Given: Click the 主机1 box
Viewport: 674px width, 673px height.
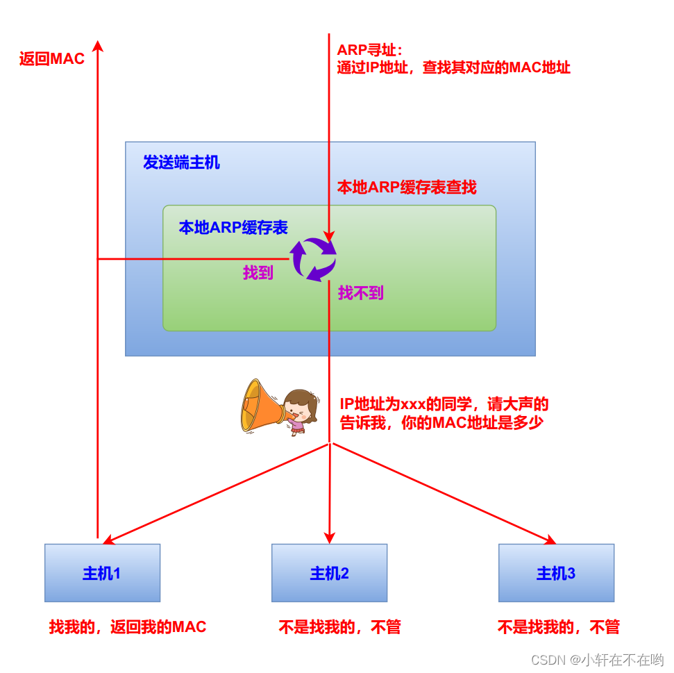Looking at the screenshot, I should pos(102,573).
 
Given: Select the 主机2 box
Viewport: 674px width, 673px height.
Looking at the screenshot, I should pos(329,573).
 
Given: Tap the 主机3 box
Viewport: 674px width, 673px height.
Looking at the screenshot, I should pos(556,573).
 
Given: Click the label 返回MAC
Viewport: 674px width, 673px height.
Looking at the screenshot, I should pos(52,59).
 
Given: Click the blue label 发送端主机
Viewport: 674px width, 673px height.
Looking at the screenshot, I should pos(181,163).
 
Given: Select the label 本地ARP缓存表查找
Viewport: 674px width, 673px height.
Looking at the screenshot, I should pos(407,188).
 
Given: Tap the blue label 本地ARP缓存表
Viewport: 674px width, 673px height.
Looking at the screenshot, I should pos(233,227).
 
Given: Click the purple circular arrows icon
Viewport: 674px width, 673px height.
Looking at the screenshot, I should pos(313,259).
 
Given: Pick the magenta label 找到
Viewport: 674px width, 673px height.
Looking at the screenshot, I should pos(258,273).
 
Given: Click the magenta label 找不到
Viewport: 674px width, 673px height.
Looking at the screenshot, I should pos(360,293).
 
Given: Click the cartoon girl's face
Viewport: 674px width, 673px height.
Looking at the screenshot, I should pos(300,406).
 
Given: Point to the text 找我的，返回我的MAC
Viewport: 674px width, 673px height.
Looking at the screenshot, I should pos(128,627).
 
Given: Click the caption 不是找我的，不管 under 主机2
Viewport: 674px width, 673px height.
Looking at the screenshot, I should pos(340,627).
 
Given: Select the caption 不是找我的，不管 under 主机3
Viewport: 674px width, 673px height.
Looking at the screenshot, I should pos(558,627).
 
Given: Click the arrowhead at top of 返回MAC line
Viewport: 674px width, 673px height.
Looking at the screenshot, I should pos(98,45).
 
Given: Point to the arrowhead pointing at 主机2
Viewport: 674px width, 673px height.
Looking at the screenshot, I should pos(329,538).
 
